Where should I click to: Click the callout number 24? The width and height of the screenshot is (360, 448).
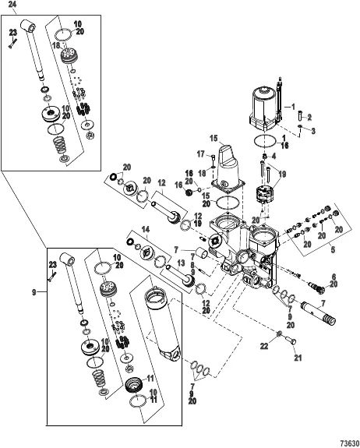tap(12, 5)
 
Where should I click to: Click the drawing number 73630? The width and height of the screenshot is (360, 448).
tap(350, 443)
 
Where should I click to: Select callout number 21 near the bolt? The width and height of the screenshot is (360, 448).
tap(298, 358)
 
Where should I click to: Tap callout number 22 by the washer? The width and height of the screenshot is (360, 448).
tap(264, 346)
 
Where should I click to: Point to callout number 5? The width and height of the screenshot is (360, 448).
tap(333, 250)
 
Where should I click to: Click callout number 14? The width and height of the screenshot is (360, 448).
tap(146, 229)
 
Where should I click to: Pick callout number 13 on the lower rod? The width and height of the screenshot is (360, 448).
tap(181, 263)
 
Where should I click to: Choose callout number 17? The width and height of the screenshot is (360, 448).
tap(201, 154)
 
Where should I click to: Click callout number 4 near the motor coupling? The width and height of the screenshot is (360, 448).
tap(274, 156)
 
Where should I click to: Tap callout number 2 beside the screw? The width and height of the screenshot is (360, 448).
tap(309, 117)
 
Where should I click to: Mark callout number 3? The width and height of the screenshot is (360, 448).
tap(313, 131)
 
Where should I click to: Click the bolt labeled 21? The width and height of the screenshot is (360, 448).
tap(291, 340)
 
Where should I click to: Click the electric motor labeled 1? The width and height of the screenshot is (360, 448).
tap(263, 108)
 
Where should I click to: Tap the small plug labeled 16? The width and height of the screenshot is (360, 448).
tap(189, 193)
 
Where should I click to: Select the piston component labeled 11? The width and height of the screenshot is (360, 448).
tap(134, 386)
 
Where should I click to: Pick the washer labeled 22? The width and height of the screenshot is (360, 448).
tap(279, 333)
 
